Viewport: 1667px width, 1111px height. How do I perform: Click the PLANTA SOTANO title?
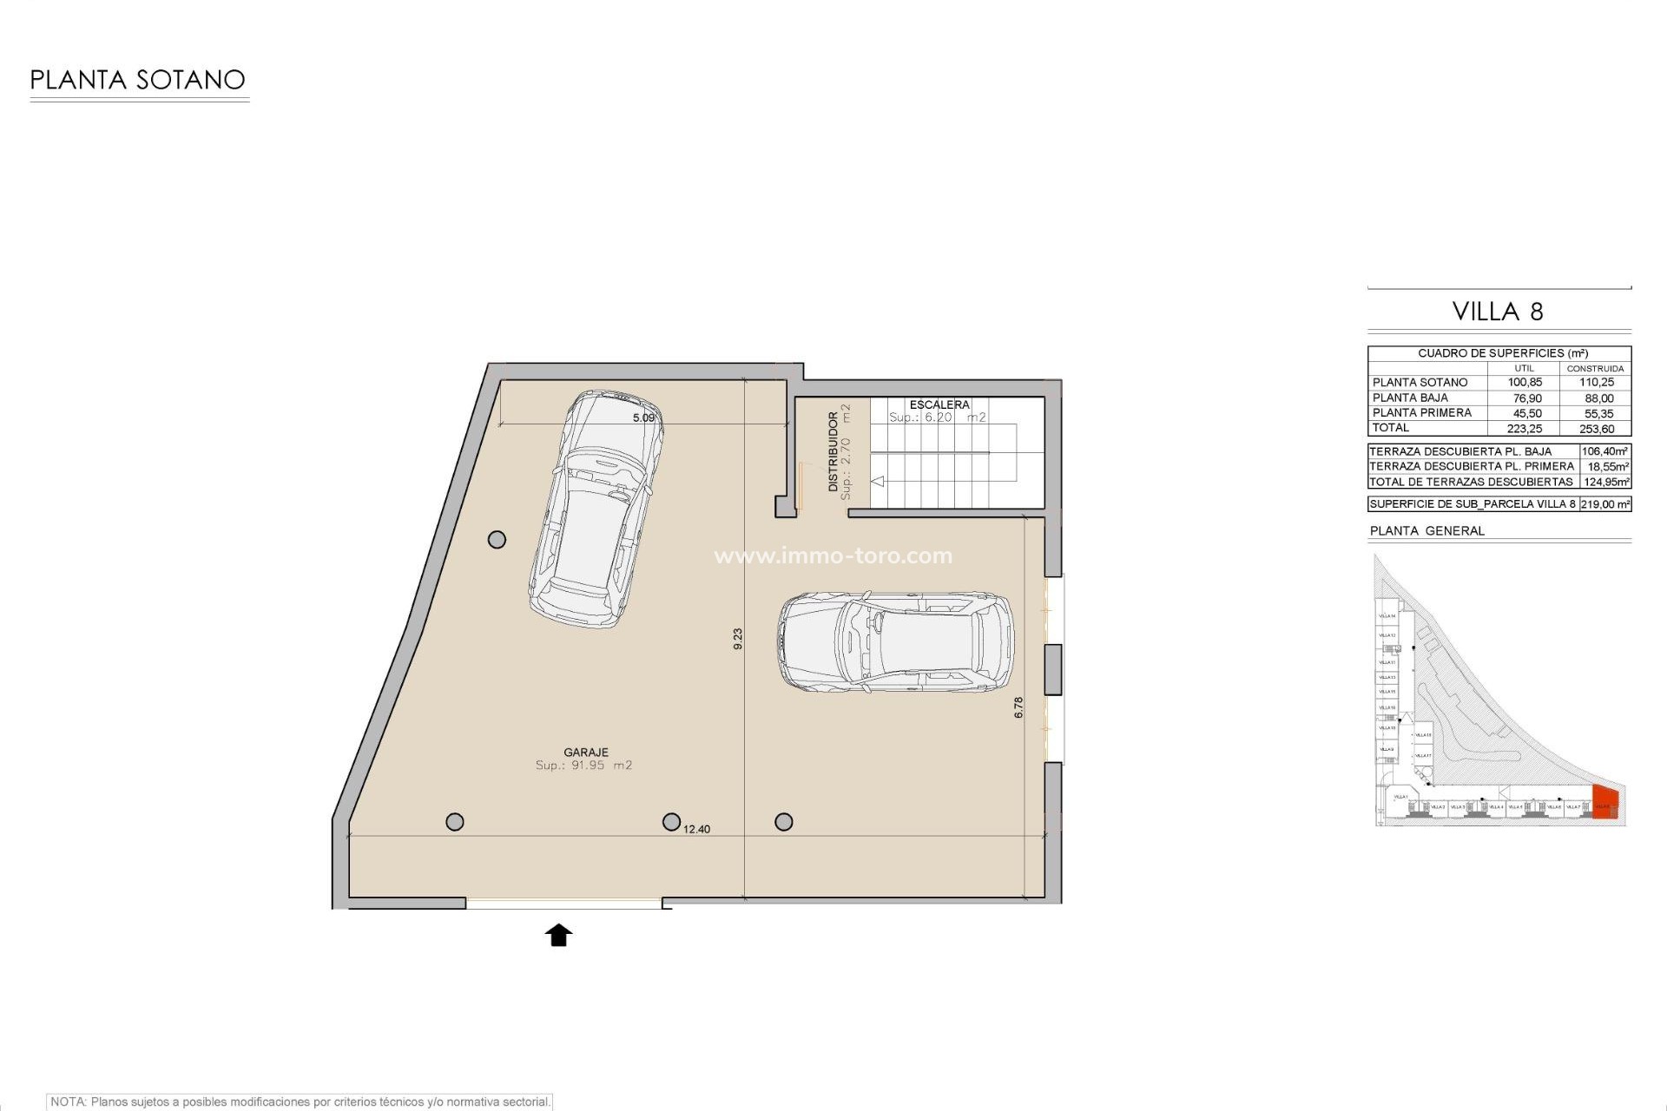click(138, 80)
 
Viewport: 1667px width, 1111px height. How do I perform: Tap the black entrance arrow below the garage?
click(558, 935)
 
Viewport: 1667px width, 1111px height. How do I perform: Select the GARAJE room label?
click(585, 753)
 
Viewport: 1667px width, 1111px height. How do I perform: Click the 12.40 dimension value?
click(696, 829)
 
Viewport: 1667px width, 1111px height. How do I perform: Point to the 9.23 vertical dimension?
click(738, 639)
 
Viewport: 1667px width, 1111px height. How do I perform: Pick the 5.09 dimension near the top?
click(643, 417)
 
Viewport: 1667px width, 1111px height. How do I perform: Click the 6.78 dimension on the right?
click(1018, 707)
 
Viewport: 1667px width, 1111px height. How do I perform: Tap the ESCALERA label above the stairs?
click(939, 404)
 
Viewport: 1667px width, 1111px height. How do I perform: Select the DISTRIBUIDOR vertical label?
click(833, 451)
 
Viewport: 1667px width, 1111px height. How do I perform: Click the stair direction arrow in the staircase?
click(878, 481)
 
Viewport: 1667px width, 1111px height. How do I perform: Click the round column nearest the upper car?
click(497, 540)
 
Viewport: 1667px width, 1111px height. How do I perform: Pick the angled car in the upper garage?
click(596, 509)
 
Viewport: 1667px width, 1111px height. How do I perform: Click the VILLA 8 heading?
click(1498, 312)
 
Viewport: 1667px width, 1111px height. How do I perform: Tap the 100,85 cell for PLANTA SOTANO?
click(1525, 382)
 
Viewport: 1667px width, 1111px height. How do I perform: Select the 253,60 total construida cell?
click(1596, 429)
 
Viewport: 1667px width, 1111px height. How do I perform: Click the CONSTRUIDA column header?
click(1595, 368)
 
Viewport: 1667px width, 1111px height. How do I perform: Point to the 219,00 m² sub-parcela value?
click(1604, 503)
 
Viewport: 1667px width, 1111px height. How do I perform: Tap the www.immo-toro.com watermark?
click(833, 555)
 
